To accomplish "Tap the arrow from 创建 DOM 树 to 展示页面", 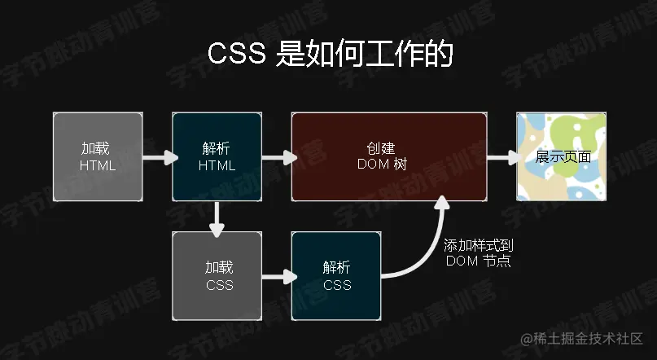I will pos(502,156).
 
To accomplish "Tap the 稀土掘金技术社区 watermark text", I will pos(588,338).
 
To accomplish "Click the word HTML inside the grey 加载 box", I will pos(98,165).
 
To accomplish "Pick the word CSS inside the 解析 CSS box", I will pos(337,285).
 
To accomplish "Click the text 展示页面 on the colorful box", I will pos(563,156).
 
